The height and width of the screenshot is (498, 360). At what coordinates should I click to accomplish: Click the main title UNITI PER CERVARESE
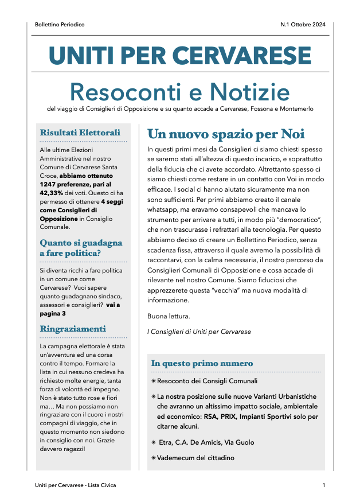click(x=180, y=55)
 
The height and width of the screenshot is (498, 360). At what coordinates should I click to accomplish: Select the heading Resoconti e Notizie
click(x=179, y=91)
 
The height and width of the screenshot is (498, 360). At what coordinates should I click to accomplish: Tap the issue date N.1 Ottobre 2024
click(x=303, y=25)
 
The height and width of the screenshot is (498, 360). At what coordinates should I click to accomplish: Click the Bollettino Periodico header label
click(x=60, y=25)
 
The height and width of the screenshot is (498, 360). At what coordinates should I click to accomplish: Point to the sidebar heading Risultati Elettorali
click(x=80, y=133)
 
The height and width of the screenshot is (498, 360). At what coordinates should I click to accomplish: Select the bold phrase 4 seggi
click(x=111, y=202)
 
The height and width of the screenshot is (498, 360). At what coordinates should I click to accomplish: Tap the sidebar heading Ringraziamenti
click(x=73, y=329)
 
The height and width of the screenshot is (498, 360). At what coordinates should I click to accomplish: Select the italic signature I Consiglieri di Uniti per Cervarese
click(x=199, y=332)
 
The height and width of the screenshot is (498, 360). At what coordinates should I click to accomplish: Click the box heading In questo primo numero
click(x=202, y=363)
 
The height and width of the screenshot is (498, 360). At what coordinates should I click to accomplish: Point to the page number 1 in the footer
click(x=324, y=485)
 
